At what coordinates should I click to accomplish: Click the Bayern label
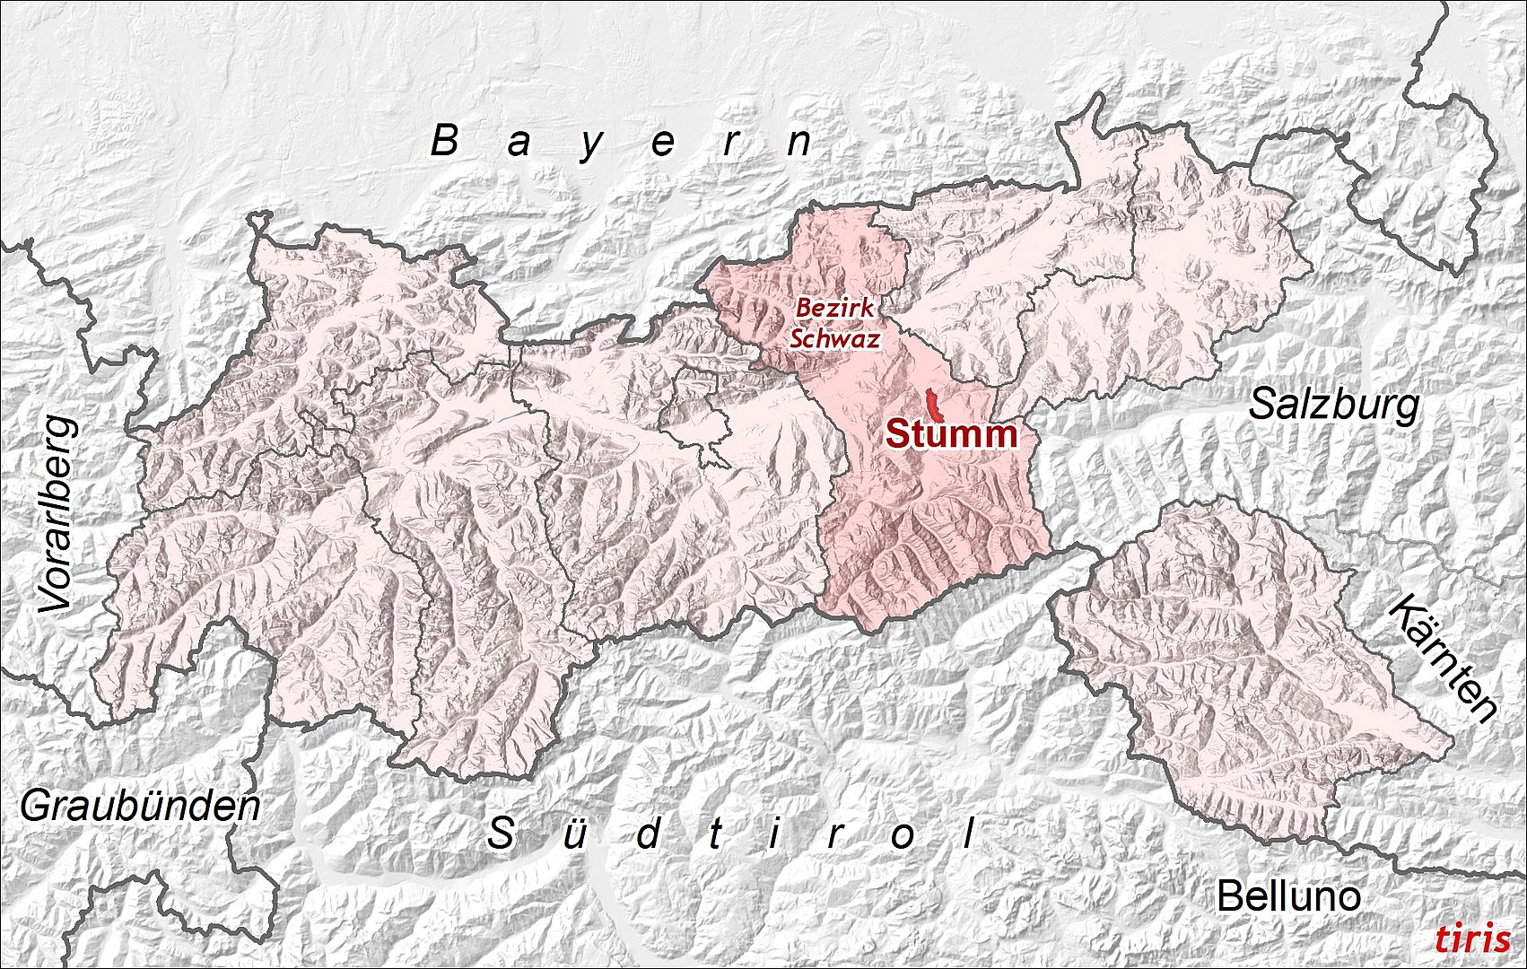coord(623,142)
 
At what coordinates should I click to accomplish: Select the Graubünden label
coord(140,807)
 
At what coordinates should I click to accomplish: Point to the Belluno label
coord(1287,895)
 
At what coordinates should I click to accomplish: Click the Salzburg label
coord(1334,405)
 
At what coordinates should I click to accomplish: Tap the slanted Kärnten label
coord(1442,659)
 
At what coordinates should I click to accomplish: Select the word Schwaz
coord(833,338)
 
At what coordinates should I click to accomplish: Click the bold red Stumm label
coord(952,435)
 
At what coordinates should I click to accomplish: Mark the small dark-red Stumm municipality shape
coord(934,406)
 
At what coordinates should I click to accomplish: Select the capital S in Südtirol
coord(500,834)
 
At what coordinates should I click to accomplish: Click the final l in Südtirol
coord(969,834)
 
